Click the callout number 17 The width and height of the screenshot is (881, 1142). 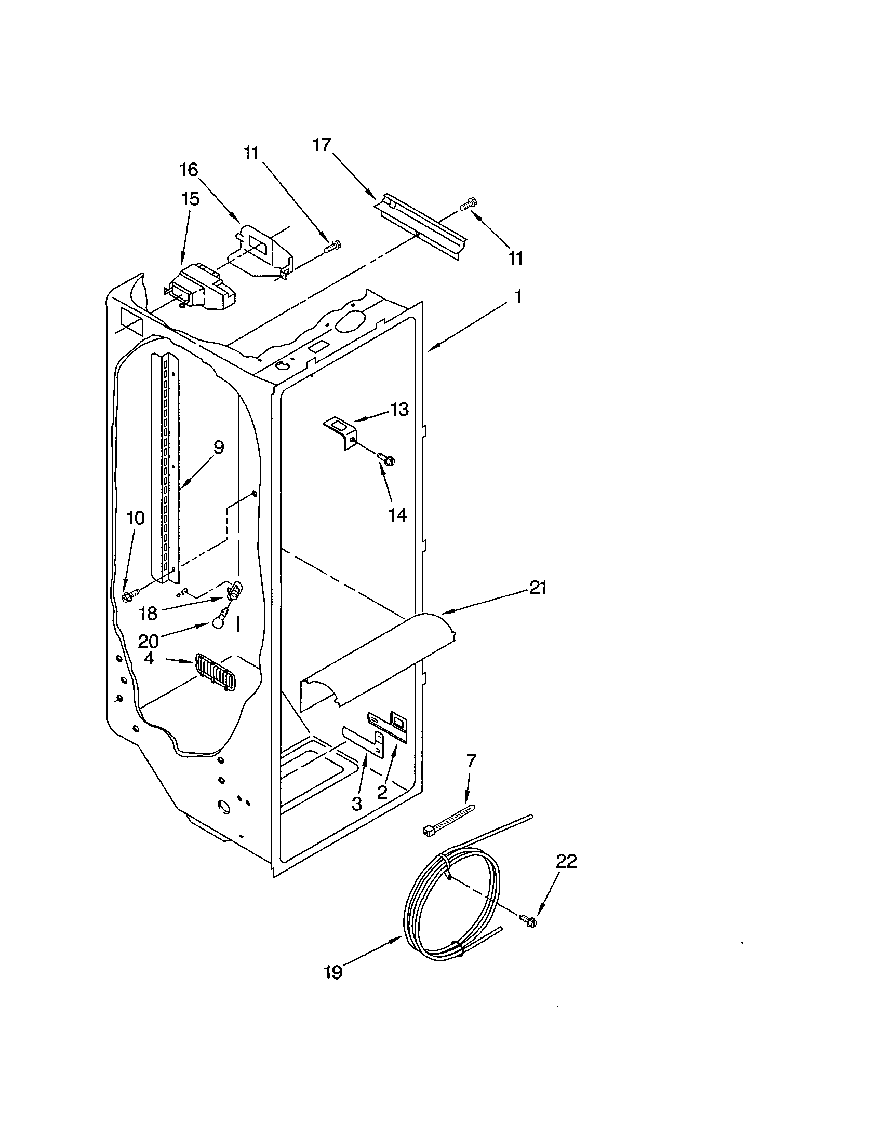323,144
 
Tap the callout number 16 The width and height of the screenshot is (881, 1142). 189,169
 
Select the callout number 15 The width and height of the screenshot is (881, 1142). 190,199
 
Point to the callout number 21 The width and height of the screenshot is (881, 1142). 538,588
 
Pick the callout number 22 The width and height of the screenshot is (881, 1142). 566,861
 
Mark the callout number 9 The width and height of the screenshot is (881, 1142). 219,447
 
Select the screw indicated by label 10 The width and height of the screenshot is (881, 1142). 129,595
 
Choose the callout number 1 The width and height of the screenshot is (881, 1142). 517,297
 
